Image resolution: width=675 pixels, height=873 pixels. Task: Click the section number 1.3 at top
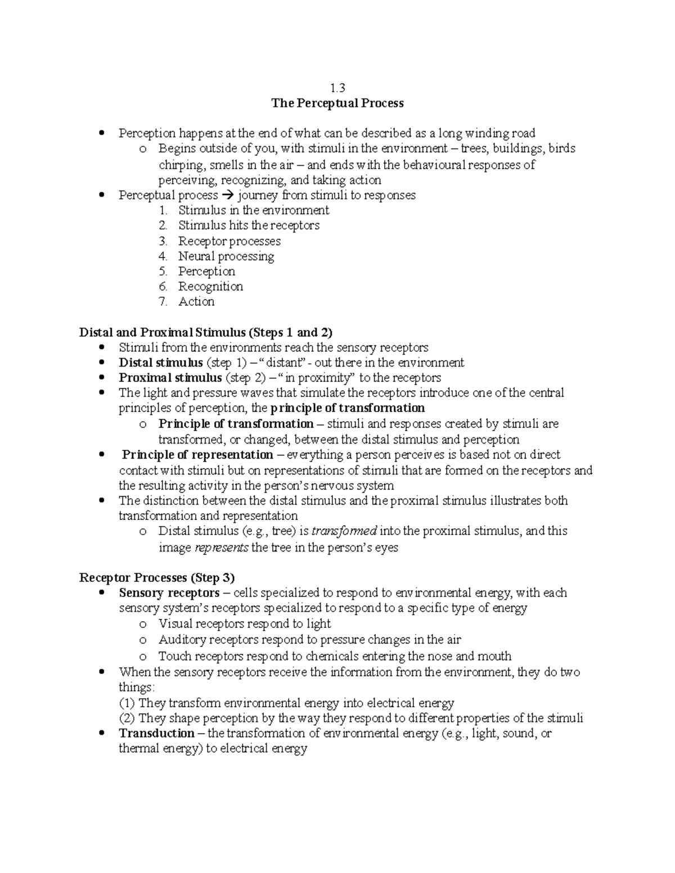tap(337, 88)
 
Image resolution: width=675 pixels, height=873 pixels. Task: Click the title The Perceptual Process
tap(337, 103)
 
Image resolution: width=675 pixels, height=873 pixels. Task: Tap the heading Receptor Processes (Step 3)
tap(157, 577)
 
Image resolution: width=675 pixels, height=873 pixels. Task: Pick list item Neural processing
tap(226, 256)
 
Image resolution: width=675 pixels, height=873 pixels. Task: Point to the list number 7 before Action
tap(163, 302)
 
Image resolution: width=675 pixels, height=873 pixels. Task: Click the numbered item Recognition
tap(210, 287)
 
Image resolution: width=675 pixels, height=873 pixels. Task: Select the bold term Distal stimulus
tap(160, 363)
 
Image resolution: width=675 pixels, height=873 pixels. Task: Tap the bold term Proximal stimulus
tap(170, 378)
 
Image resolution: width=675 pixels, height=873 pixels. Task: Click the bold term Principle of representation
tap(197, 455)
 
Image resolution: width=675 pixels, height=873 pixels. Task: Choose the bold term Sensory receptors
tap(169, 593)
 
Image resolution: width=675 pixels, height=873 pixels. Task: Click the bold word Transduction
tap(156, 733)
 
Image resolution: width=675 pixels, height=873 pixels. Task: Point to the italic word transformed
tap(344, 531)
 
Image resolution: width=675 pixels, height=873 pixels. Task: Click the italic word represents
tap(220, 548)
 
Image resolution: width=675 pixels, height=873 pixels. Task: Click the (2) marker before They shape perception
tap(127, 718)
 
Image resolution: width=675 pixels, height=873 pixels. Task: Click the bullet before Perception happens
tap(101, 133)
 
